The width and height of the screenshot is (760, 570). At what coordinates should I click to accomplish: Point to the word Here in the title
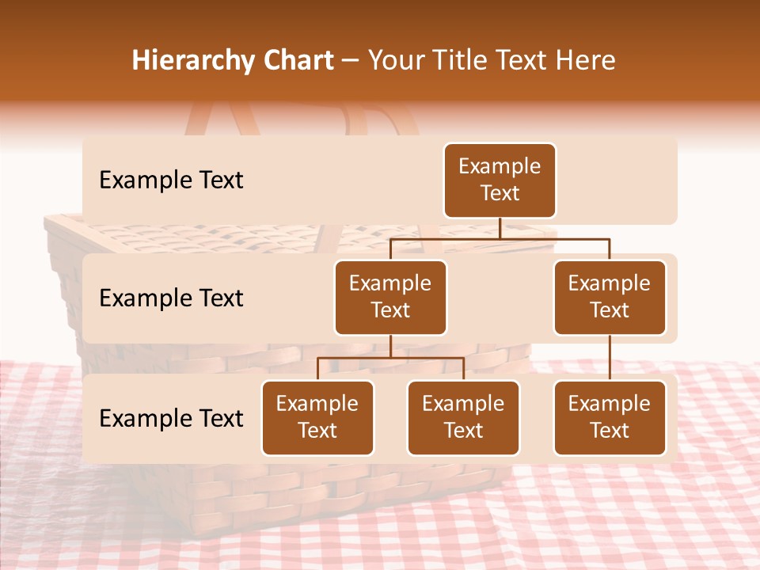pos(586,60)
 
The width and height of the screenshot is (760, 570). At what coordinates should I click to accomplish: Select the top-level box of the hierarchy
pos(500,180)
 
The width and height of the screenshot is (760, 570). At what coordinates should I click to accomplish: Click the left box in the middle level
pos(390,297)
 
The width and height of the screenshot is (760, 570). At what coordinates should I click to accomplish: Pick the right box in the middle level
pos(610,297)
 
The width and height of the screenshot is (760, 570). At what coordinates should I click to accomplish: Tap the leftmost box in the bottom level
pos(317,417)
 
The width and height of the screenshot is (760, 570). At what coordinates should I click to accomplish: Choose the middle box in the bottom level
pos(463,417)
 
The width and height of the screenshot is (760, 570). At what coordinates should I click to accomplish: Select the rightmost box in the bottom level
pos(610,417)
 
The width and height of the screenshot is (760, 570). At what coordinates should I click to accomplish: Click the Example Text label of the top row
pos(171,180)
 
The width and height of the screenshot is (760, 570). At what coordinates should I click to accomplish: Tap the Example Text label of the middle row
pos(171,298)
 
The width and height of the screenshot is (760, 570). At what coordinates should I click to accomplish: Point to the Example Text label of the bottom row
pos(171,418)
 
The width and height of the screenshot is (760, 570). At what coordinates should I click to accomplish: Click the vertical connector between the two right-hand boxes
pos(610,357)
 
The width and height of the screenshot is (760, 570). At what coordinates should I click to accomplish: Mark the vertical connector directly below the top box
pos(500,228)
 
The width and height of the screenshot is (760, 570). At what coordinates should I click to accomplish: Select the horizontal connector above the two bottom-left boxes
pos(390,358)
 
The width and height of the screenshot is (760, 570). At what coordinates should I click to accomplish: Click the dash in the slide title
pos(351,62)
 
